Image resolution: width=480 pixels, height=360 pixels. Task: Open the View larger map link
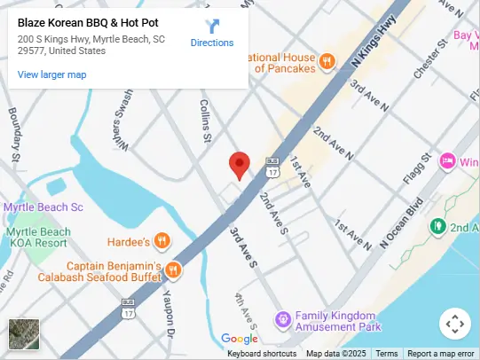[x=52, y=74]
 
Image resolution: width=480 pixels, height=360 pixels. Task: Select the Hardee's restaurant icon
[x=161, y=240]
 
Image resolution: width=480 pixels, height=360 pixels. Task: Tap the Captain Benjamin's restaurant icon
[x=174, y=270]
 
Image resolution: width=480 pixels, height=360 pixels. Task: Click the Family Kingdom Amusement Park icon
[x=282, y=318]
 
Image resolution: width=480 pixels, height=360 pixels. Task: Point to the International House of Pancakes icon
[x=327, y=61]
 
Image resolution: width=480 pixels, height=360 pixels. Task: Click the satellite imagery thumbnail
[x=23, y=333]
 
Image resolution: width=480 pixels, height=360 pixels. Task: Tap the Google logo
[x=239, y=339]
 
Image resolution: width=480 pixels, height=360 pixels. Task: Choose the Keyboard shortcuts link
[x=262, y=354]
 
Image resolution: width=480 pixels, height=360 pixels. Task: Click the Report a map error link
[x=441, y=354]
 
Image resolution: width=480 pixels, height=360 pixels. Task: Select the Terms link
[x=387, y=354]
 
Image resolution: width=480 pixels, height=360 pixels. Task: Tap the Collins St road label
[x=206, y=121]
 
